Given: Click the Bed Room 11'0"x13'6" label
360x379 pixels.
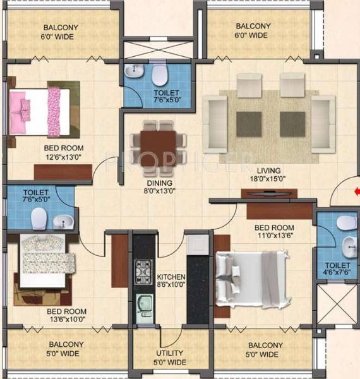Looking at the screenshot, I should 273,231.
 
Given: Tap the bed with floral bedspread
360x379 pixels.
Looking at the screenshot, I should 47,260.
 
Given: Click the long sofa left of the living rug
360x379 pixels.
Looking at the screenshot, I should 215,120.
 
